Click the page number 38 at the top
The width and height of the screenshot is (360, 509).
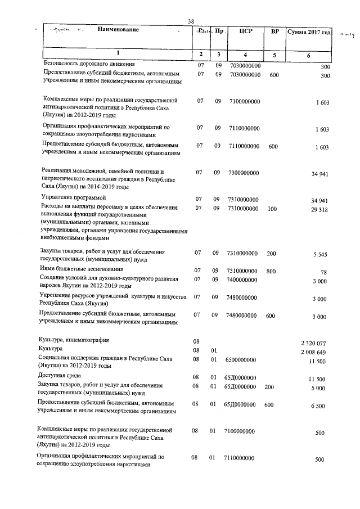pos(191,22)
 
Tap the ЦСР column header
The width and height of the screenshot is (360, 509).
pos(245,31)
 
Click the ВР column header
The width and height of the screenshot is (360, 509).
pos(274,31)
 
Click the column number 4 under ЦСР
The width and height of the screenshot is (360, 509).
pos(245,54)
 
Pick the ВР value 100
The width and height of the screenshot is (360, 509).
pos(272,208)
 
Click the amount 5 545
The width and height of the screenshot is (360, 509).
pos(319,255)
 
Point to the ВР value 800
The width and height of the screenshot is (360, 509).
pos(271,271)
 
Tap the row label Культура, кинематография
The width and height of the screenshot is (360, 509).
pos(74,340)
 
